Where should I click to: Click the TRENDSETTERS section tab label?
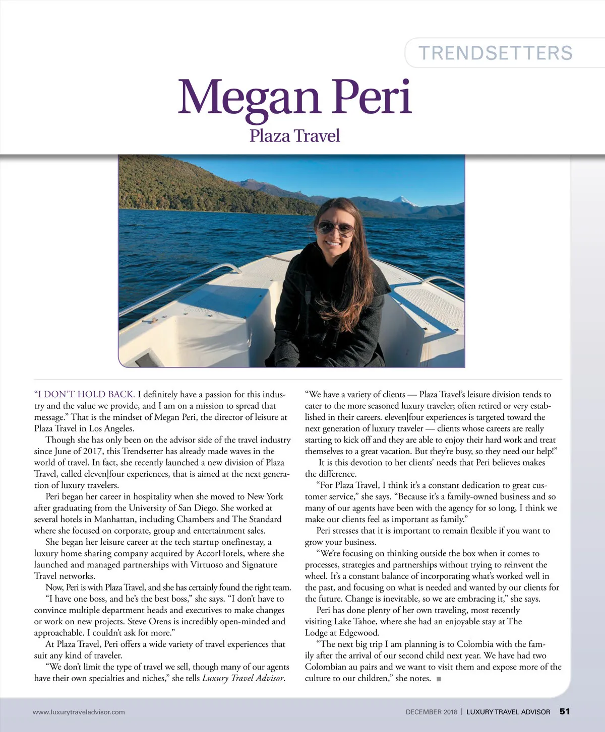point(496,53)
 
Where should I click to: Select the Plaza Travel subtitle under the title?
point(294,135)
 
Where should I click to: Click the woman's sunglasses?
point(335,228)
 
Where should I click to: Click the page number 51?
point(565,711)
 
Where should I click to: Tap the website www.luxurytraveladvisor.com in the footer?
point(79,712)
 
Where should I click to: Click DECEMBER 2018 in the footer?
point(432,712)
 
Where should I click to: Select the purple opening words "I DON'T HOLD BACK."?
point(84,394)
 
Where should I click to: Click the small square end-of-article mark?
point(439,679)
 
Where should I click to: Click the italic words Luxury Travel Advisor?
point(243,678)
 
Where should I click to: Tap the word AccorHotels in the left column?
point(220,553)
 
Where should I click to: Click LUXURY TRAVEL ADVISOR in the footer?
point(508,712)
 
